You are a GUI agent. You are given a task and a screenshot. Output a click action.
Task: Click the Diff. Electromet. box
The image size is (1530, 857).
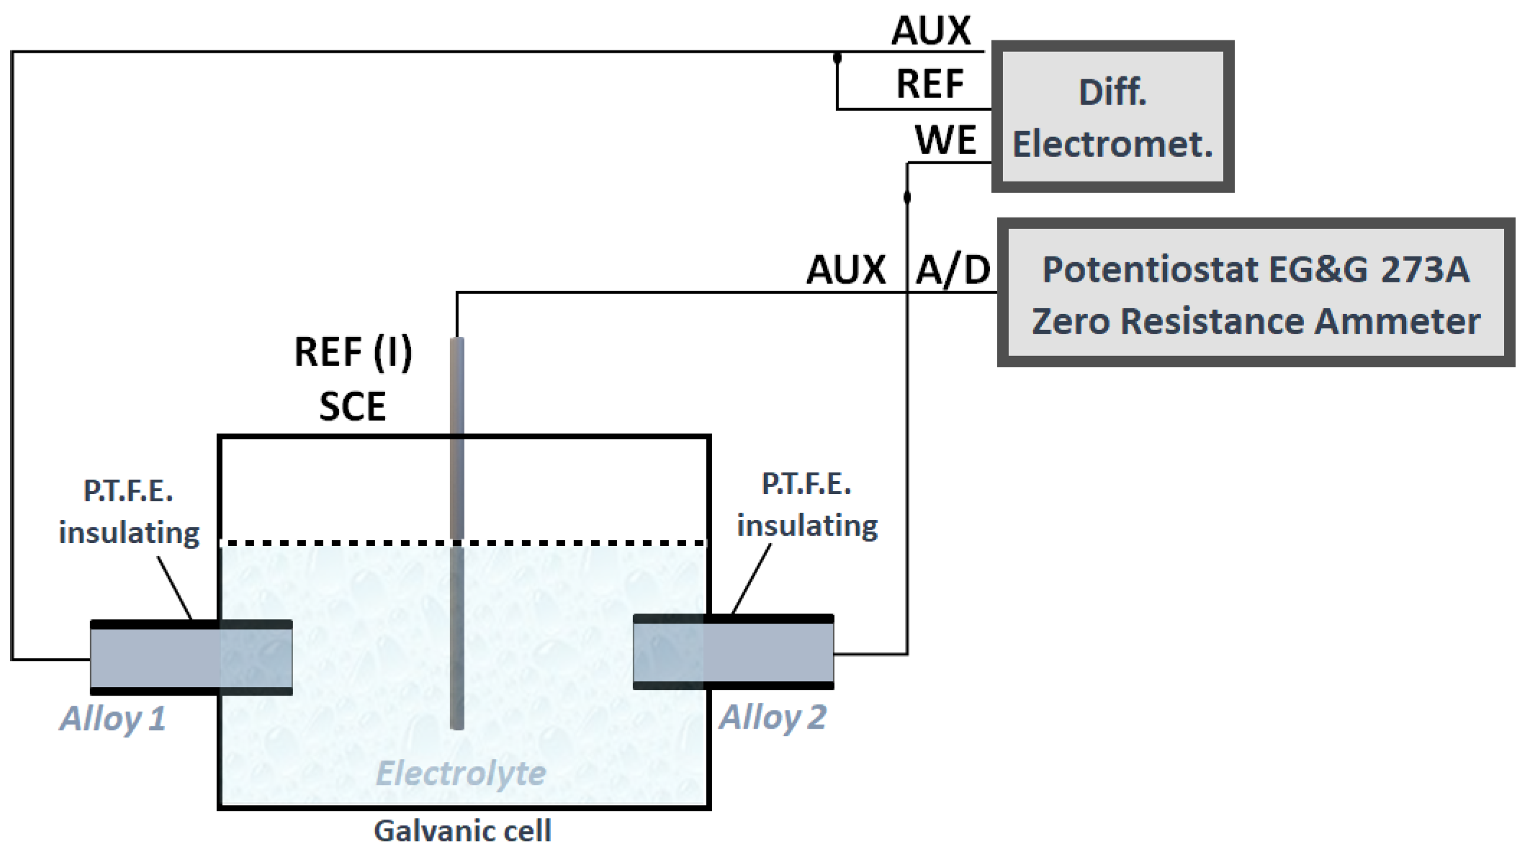(x=1112, y=117)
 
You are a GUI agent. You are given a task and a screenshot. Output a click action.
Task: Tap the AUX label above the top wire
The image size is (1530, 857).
(x=931, y=31)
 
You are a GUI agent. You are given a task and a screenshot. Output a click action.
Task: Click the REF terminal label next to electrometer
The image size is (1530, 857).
(x=930, y=84)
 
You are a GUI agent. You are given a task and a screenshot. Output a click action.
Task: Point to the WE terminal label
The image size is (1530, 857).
(x=945, y=140)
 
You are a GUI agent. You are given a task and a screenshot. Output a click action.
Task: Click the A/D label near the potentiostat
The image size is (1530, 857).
(x=953, y=270)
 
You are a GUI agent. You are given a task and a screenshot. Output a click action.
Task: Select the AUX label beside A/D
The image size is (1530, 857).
(x=846, y=270)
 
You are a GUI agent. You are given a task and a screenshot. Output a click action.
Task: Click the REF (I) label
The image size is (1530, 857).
(x=353, y=353)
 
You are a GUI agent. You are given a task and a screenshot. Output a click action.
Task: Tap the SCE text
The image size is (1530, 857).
(x=352, y=407)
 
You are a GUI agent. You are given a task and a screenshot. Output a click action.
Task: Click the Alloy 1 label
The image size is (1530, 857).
(x=113, y=719)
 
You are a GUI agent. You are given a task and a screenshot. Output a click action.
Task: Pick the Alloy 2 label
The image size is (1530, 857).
(x=773, y=717)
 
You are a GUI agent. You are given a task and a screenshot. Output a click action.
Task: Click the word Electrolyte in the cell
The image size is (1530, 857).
(x=461, y=773)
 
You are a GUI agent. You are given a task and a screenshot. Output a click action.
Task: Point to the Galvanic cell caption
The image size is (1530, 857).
(x=462, y=831)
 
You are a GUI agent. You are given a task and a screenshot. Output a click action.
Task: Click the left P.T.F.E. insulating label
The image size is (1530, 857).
(x=129, y=512)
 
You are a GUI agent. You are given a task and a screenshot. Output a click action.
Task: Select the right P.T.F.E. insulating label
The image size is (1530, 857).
(x=806, y=505)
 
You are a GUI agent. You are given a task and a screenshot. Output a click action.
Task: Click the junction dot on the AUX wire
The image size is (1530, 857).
(x=837, y=57)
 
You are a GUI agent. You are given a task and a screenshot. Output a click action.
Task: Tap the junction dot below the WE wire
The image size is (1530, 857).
(x=907, y=197)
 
